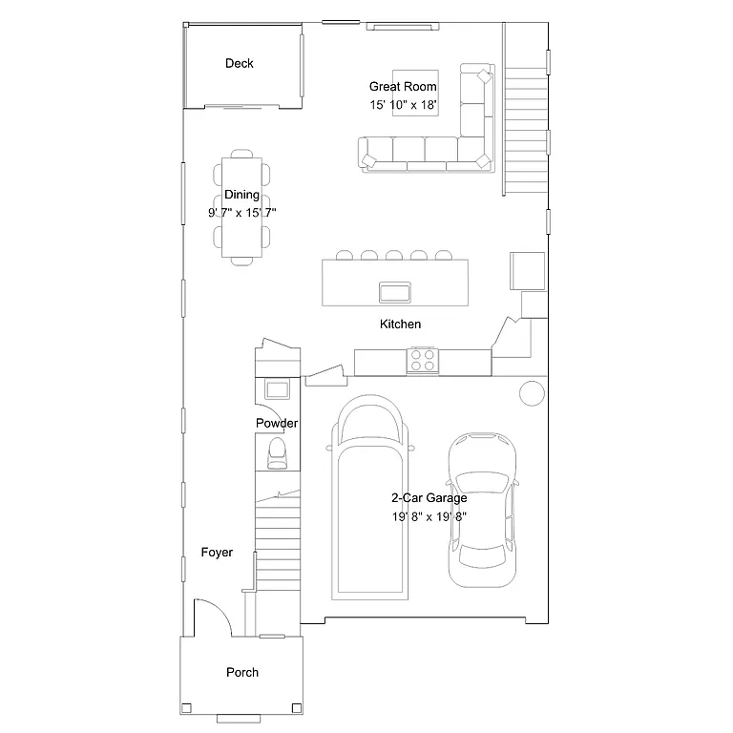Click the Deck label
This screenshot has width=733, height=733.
[240, 64]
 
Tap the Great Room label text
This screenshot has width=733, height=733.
[403, 87]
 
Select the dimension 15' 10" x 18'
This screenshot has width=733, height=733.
[403, 105]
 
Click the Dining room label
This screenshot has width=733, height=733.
[241, 195]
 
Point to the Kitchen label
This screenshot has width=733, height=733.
[400, 325]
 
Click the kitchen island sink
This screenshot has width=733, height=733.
[394, 290]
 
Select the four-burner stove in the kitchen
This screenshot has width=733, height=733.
[423, 361]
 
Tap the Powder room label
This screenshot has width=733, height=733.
[277, 423]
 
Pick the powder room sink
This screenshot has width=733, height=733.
[278, 389]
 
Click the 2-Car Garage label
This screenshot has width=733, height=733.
[429, 498]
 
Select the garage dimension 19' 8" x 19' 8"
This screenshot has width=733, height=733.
[429, 516]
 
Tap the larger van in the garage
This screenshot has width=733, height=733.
[371, 496]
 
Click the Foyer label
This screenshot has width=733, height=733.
[217, 553]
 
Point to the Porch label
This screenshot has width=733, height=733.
[242, 672]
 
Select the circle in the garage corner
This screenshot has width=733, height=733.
[531, 391]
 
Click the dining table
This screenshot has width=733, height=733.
[241, 207]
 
